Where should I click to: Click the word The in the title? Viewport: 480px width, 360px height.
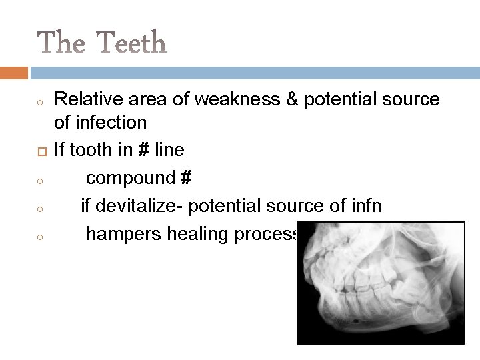pos(60,43)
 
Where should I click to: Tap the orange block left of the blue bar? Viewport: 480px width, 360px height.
pos(14,71)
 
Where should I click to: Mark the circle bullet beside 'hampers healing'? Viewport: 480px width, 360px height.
pos(41,236)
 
